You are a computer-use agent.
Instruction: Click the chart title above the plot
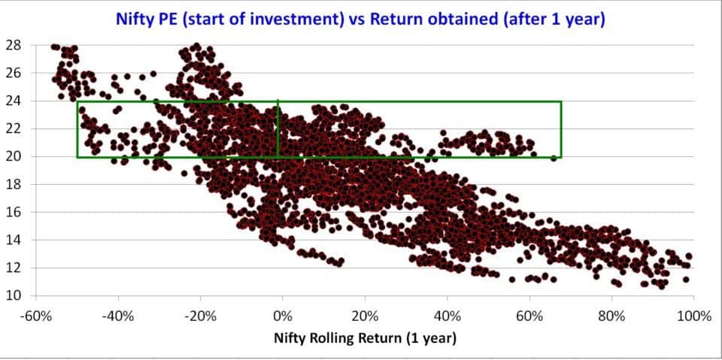360,20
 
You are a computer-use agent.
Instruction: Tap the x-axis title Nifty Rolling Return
366,339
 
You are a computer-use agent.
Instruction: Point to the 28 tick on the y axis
13,45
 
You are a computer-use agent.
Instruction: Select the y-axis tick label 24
13,101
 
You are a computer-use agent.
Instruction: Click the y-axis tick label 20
13,156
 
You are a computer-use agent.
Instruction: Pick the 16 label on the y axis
13,212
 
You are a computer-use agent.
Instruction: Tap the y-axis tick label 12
13,268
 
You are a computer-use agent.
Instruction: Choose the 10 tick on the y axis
13,296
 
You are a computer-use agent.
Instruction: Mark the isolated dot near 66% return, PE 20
554,159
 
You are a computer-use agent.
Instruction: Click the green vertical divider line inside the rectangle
278,129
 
